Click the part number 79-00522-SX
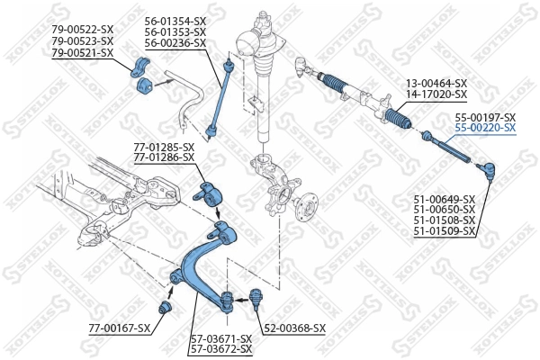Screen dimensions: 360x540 pos(82,30)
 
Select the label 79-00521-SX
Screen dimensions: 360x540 pos(82,53)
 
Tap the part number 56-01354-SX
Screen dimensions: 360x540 pos(175,20)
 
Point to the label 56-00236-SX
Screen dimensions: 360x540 pos(175,43)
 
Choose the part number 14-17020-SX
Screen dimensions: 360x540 pos(436,94)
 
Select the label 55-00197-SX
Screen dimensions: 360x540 pos(484,118)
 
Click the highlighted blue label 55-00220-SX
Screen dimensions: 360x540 pos(484,129)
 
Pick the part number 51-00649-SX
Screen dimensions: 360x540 pos(444,199)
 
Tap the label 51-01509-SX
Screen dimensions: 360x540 pos(444,232)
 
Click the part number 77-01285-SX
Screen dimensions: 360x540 pos(164,147)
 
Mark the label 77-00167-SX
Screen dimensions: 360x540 pos(119,328)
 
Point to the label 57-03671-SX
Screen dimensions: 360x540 pos(221,338)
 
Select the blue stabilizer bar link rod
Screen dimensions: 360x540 pos(220,99)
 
